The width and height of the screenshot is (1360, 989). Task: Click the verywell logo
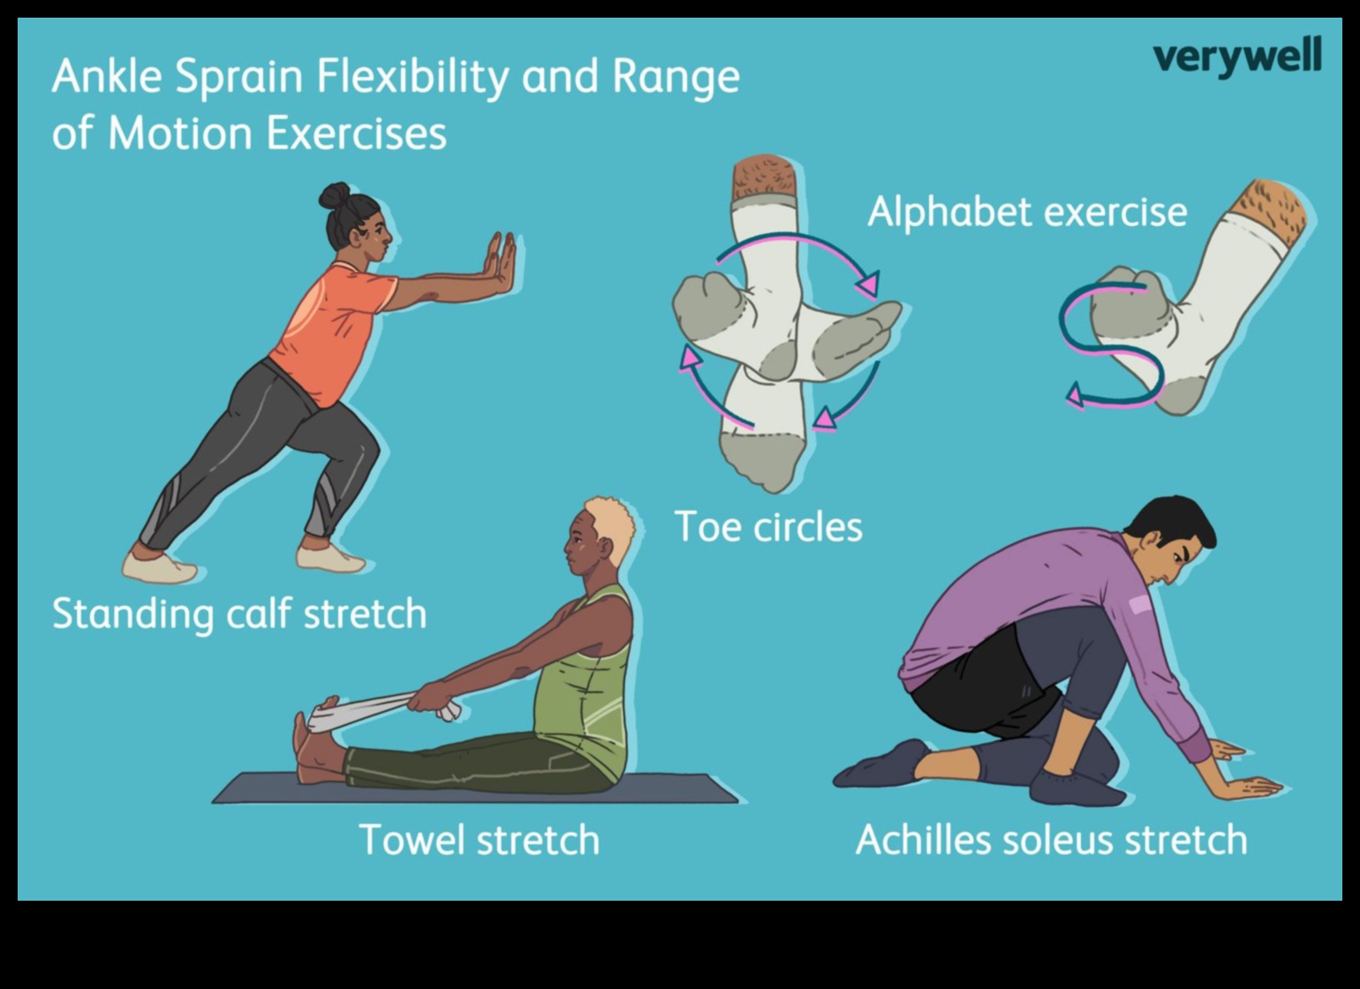[x=1236, y=57]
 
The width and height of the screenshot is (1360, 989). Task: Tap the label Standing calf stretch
[x=239, y=614]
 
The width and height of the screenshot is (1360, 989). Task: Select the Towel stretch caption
[x=480, y=839]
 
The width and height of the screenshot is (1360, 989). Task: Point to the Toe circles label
[x=768, y=527]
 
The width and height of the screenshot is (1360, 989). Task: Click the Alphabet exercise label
[x=1027, y=212]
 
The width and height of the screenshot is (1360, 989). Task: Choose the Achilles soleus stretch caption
[x=1051, y=839]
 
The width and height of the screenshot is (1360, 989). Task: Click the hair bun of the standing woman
[x=335, y=195]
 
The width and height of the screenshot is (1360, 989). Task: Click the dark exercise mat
[x=477, y=789]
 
